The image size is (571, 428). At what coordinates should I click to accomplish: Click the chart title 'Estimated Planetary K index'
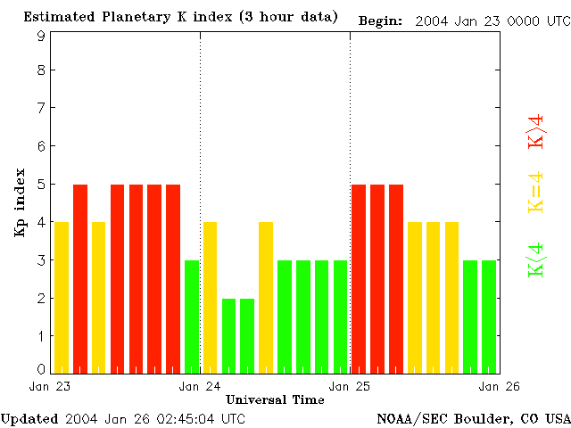(x=135, y=17)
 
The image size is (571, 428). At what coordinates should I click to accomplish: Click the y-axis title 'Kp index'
(x=20, y=202)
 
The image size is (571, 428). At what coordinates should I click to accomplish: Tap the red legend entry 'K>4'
(x=536, y=131)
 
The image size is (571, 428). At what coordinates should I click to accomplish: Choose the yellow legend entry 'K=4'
(x=536, y=193)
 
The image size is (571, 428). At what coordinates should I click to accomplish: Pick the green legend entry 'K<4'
(x=536, y=260)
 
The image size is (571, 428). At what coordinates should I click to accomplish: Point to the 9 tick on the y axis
(x=41, y=36)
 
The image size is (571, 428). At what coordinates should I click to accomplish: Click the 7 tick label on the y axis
(x=41, y=108)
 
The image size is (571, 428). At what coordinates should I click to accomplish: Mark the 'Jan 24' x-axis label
(x=200, y=386)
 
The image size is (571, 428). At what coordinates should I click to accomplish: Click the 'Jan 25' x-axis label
(x=350, y=386)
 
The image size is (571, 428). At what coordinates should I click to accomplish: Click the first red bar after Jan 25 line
(x=360, y=278)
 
